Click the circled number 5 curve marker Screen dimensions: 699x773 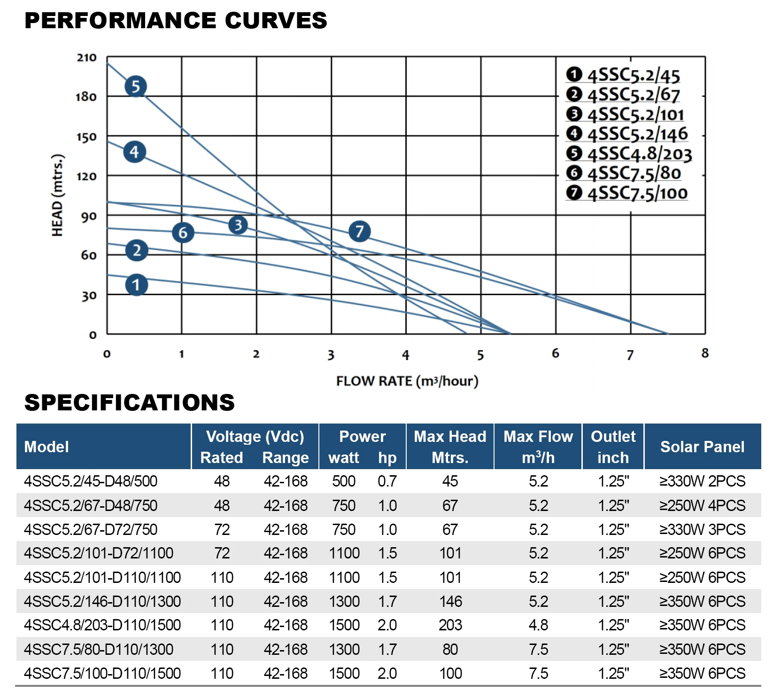(x=136, y=86)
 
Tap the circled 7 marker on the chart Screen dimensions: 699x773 (x=360, y=231)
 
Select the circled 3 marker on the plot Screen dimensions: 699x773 (x=238, y=225)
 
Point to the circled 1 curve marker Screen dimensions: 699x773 (x=137, y=285)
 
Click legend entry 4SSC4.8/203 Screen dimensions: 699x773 (x=629, y=154)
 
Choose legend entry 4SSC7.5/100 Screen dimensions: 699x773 (x=627, y=193)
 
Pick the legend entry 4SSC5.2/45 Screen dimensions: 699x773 (x=623, y=75)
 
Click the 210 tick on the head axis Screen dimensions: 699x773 (x=86, y=58)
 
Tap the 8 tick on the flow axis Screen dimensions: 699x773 (x=705, y=353)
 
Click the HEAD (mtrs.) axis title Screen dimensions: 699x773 (x=57, y=195)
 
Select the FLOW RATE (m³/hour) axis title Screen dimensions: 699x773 (x=407, y=381)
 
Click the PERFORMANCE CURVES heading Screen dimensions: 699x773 (x=176, y=21)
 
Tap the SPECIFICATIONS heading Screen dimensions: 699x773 (x=130, y=403)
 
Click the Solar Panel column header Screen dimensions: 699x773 (x=702, y=447)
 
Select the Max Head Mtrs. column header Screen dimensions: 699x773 (x=450, y=447)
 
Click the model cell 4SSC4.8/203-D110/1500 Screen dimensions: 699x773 (x=102, y=625)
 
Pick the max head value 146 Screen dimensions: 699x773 (x=450, y=601)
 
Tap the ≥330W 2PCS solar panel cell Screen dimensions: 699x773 (x=702, y=481)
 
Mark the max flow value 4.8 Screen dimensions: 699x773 (x=538, y=625)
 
